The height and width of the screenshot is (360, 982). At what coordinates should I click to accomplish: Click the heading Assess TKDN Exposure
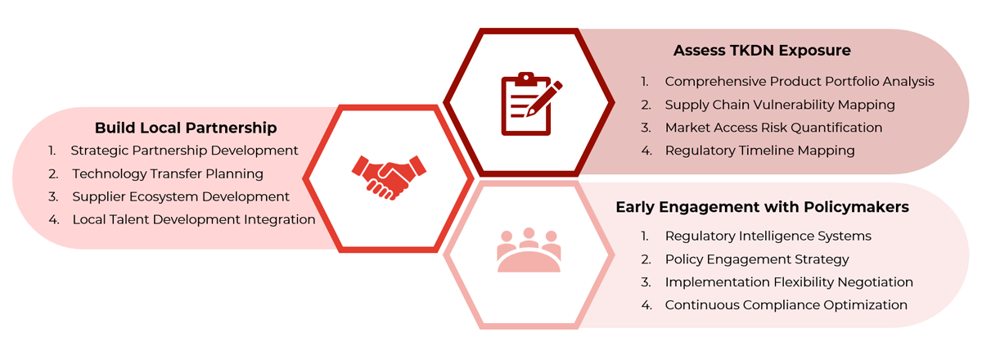click(762, 51)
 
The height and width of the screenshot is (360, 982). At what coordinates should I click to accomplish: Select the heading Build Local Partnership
click(186, 128)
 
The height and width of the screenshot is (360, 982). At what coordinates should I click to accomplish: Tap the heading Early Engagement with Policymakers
click(762, 208)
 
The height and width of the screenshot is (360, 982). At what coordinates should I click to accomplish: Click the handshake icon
click(389, 177)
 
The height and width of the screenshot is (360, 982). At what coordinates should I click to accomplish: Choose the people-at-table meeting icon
click(529, 252)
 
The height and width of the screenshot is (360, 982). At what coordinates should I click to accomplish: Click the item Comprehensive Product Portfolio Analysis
click(799, 82)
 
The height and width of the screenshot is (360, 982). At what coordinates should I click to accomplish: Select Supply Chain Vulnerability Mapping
click(779, 105)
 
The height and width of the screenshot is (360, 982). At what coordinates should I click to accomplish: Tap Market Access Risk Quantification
click(773, 128)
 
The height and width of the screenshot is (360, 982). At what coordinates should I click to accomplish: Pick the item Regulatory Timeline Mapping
click(759, 151)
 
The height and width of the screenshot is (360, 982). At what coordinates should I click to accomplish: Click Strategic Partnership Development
click(184, 151)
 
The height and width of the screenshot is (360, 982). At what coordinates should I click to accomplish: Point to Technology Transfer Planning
click(168, 173)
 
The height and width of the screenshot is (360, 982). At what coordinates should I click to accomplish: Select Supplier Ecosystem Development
click(181, 196)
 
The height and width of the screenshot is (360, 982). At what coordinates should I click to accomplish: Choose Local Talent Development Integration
click(193, 219)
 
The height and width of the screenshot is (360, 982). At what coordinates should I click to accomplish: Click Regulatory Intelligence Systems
click(768, 236)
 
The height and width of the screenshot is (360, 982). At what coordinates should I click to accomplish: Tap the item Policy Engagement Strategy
click(756, 259)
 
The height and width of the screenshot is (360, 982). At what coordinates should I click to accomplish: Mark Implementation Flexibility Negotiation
click(788, 281)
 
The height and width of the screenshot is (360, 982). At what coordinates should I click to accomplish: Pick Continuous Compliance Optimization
click(786, 304)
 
